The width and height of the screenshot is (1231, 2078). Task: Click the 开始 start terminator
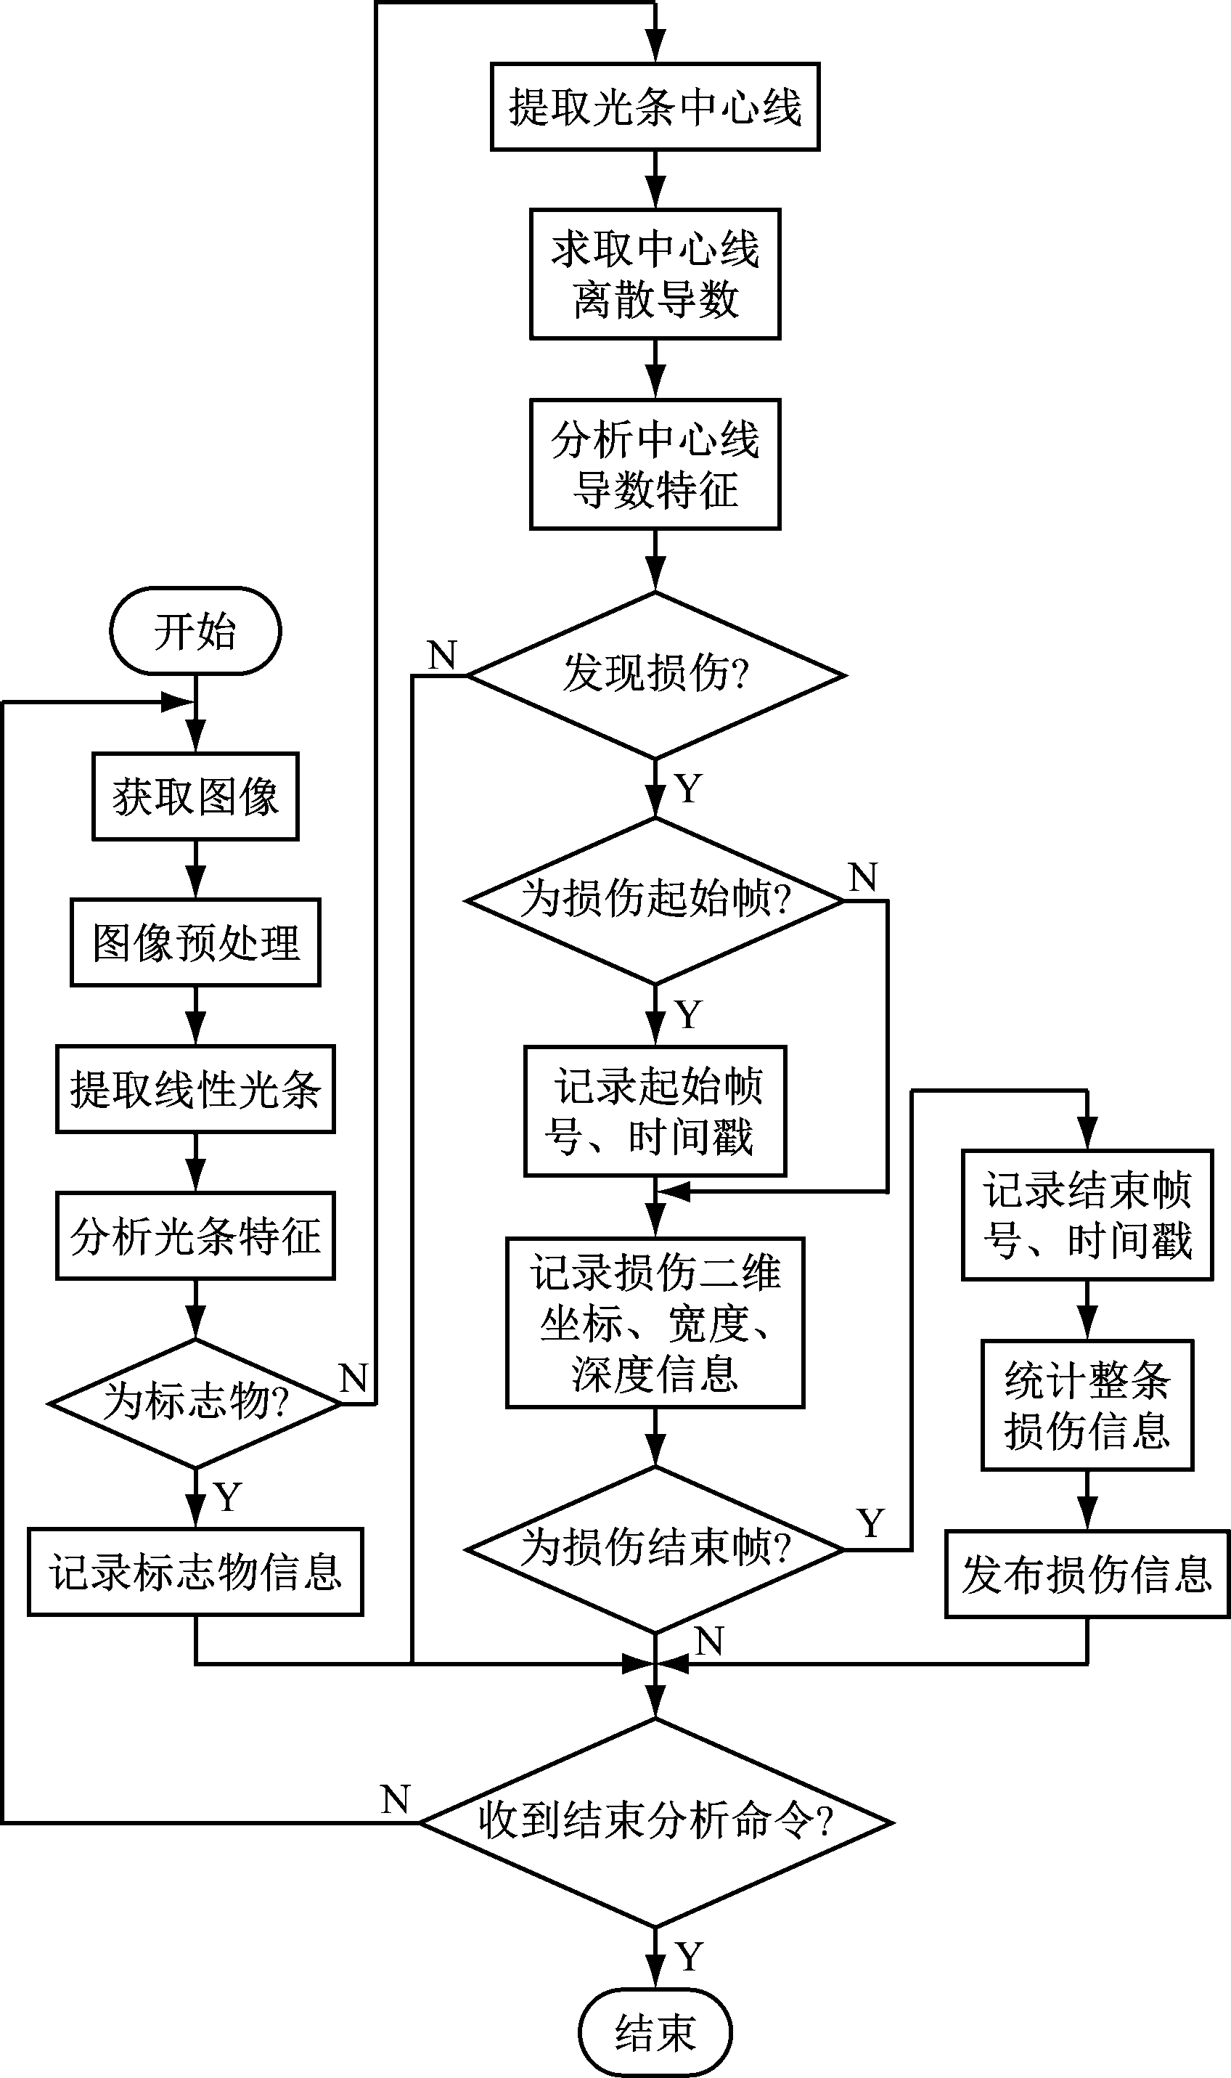tap(196, 631)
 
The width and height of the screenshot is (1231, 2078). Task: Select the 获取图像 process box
tap(196, 796)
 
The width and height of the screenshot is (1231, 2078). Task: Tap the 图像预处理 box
tap(196, 942)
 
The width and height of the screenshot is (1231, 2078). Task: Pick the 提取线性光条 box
tap(196, 1089)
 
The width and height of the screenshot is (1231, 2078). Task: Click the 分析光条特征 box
tap(196, 1236)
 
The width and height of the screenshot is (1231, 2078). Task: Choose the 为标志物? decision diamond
tap(196, 1403)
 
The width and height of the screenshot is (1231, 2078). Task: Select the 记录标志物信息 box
tap(196, 1572)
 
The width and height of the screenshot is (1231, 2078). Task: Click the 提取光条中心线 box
tap(655, 107)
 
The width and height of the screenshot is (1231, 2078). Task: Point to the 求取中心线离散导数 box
tap(655, 274)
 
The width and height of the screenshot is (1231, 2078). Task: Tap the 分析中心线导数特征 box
tap(655, 465)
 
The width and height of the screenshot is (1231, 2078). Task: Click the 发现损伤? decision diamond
tap(655, 675)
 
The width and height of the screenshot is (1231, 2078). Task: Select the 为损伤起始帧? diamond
tap(655, 901)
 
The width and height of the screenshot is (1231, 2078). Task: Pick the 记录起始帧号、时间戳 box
tap(655, 1112)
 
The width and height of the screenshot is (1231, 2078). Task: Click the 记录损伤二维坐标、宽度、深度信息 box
tap(655, 1323)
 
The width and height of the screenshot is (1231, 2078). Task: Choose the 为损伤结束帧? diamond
tap(655, 1549)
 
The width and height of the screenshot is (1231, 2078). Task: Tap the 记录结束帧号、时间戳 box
tap(1087, 1215)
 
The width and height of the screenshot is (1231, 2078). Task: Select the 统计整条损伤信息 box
tap(1087, 1405)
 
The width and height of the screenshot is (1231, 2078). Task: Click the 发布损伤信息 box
tap(1087, 1574)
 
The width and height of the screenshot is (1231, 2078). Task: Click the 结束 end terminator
tap(655, 2032)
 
